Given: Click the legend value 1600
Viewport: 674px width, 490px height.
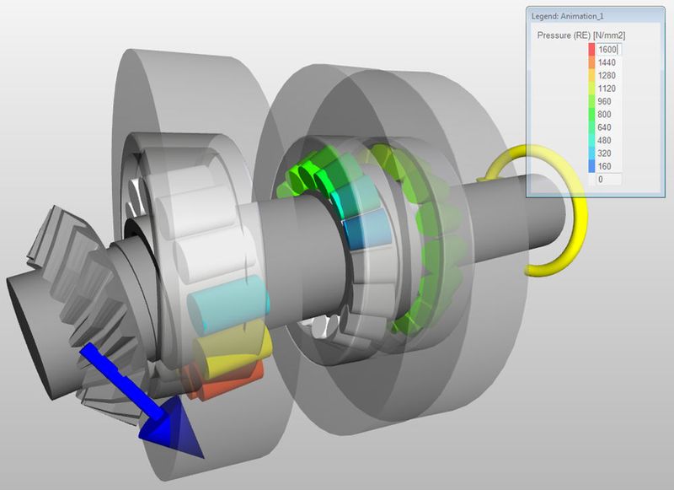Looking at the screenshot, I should click(x=607, y=49).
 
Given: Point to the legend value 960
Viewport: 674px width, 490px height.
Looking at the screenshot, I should click(x=606, y=101).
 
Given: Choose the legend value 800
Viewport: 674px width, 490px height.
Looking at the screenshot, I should click(x=606, y=114).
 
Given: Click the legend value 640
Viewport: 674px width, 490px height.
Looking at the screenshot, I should click(x=606, y=127).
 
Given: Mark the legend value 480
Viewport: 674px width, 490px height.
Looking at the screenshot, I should click(x=606, y=140).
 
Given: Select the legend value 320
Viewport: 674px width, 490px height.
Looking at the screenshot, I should click(x=606, y=153).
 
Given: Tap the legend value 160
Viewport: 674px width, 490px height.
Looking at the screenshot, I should click(x=606, y=166).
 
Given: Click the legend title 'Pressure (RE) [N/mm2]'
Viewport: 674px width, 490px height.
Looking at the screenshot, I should click(x=580, y=35).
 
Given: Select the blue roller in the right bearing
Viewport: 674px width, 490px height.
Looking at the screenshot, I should click(x=363, y=230).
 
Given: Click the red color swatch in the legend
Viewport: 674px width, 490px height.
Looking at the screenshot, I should click(x=591, y=49).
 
